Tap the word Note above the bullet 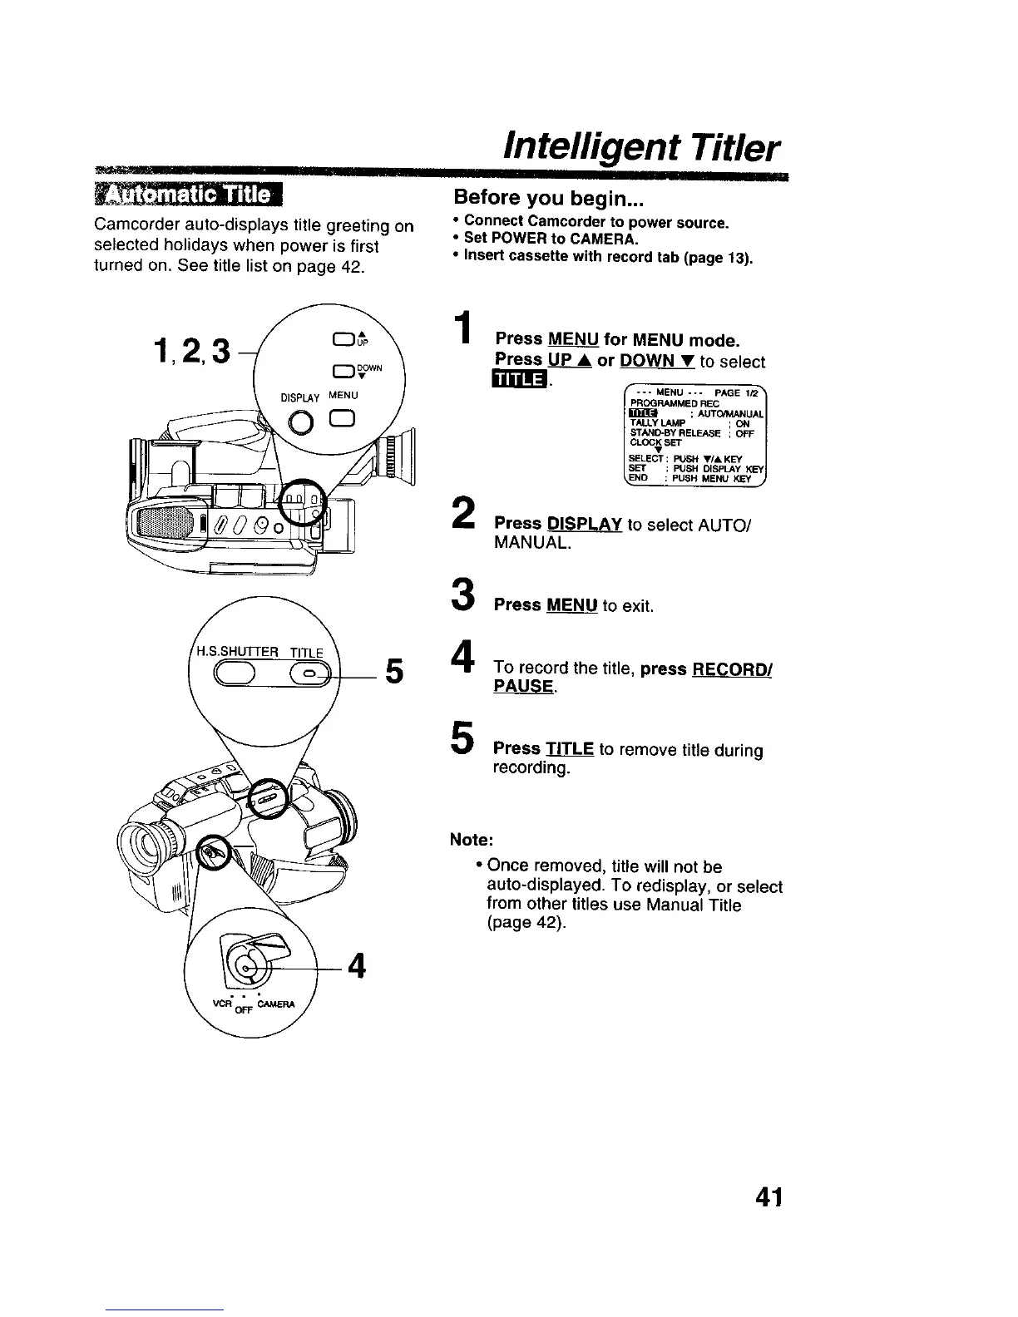[x=472, y=839]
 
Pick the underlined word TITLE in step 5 [x=570, y=749]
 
